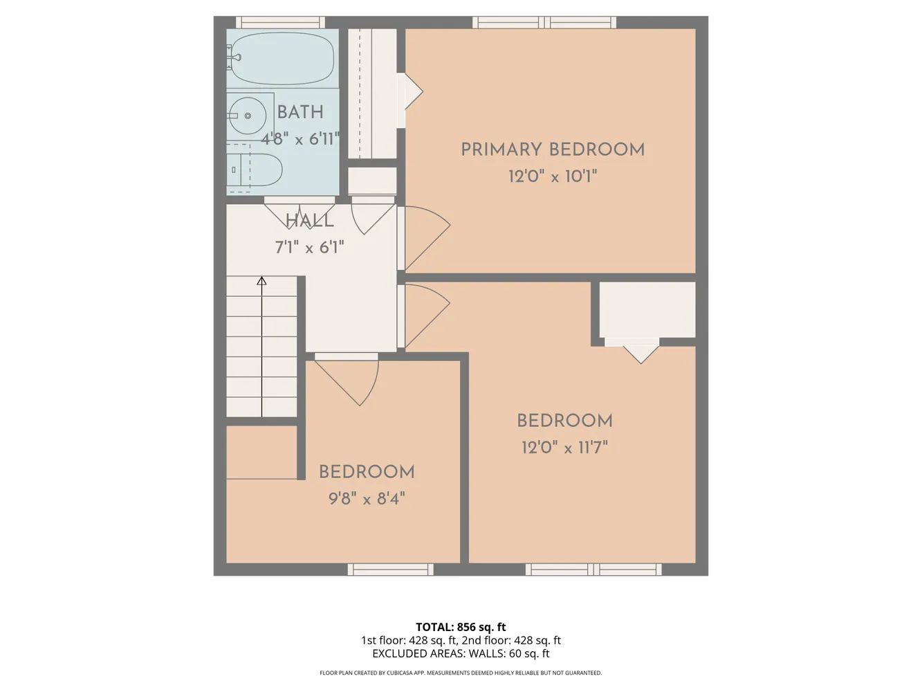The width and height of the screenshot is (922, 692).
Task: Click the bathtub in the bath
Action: [282, 58]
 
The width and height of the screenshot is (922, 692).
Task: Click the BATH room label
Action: [300, 112]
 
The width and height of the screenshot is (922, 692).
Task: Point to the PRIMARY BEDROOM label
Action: [553, 150]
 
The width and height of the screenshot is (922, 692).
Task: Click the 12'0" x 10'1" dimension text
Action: [553, 176]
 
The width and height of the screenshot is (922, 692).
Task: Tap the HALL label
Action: [310, 221]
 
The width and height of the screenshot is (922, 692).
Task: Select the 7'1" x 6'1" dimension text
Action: [310, 248]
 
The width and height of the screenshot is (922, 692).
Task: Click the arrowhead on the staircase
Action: [261, 281]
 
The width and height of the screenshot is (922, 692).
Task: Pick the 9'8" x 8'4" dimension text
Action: [367, 499]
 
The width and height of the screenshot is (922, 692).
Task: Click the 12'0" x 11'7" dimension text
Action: [564, 448]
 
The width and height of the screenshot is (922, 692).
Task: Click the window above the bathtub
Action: [280, 22]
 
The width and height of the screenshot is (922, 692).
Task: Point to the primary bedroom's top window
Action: [544, 22]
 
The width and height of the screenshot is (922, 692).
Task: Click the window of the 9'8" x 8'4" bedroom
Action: [391, 570]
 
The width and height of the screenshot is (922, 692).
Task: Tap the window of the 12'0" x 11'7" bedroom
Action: [593, 570]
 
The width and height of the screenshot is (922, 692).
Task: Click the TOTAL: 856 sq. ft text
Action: [461, 627]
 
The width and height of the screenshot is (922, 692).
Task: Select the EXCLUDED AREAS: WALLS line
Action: [461, 654]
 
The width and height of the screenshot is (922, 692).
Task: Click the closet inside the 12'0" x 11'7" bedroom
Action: [647, 309]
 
